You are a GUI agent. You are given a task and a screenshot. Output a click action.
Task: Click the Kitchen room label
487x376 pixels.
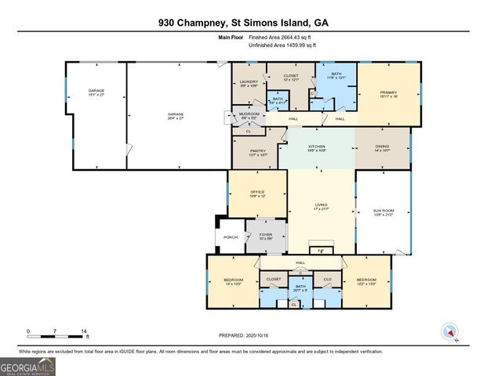click(x=317, y=146)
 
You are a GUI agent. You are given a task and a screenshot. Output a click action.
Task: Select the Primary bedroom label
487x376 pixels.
click(x=388, y=93)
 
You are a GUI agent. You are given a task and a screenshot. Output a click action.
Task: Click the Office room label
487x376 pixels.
click(x=257, y=193)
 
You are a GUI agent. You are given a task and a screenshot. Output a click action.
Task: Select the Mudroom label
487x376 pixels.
click(x=249, y=116)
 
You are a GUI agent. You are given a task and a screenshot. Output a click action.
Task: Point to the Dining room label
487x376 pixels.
click(x=382, y=146)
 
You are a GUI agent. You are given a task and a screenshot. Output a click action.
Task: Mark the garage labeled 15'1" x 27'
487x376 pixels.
click(x=96, y=92)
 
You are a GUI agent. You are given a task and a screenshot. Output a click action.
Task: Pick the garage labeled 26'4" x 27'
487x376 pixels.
click(x=175, y=116)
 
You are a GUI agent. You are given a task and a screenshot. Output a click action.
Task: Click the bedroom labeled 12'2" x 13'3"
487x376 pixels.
click(x=366, y=280)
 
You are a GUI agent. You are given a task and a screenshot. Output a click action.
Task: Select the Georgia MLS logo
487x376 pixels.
click(x=27, y=366)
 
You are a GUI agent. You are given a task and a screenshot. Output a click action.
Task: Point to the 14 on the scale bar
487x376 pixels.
click(x=83, y=332)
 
